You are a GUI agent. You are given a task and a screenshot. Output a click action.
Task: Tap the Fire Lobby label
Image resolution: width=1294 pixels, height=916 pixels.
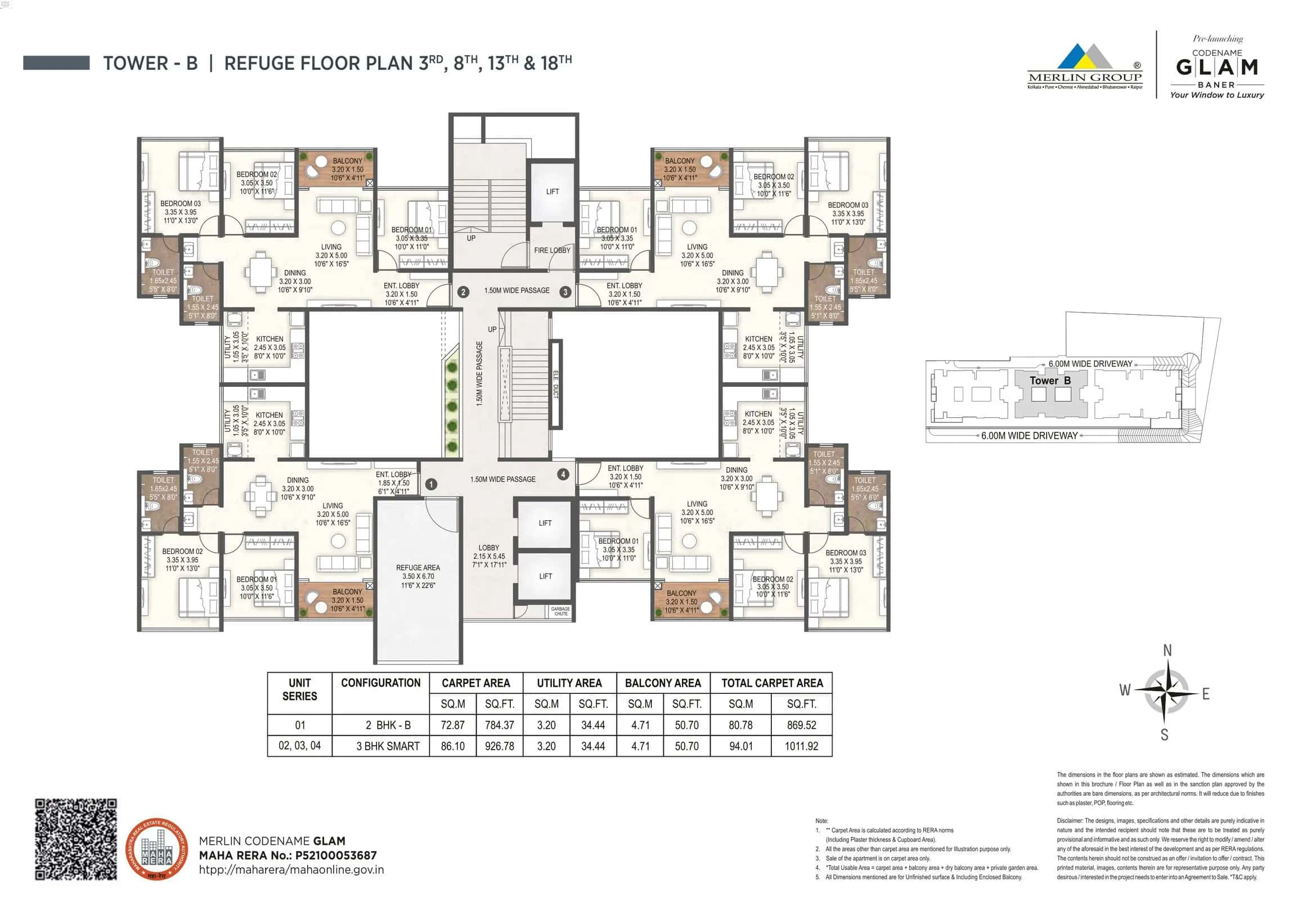coord(552,250)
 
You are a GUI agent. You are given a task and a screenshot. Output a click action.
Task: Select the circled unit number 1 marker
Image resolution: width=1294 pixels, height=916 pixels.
coord(430,484)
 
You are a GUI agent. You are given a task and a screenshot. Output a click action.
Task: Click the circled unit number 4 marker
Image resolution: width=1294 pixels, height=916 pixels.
coord(563,475)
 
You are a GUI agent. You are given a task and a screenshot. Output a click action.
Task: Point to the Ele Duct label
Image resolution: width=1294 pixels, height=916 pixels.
coord(555,384)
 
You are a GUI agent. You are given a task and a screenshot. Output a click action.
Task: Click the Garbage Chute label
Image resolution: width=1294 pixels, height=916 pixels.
coord(560,611)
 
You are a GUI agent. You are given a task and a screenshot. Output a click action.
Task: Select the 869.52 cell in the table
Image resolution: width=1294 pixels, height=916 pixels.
coord(801,725)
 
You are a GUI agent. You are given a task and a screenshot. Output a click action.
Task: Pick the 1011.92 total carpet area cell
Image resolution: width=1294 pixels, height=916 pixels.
coord(801,746)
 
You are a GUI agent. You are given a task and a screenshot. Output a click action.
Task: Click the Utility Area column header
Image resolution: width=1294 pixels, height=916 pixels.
coord(569,683)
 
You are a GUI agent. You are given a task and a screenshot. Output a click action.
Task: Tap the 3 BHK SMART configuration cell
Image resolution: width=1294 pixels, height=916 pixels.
coord(388,746)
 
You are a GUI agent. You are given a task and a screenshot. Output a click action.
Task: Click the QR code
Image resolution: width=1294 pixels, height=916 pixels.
coord(76,839)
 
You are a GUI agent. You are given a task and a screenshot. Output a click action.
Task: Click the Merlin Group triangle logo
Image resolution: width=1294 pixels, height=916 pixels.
coord(1084,56)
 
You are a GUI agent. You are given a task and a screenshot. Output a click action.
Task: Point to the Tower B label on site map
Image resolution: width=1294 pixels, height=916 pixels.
coord(1050,381)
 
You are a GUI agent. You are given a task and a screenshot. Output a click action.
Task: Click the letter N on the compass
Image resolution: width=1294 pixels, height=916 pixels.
coord(1167,651)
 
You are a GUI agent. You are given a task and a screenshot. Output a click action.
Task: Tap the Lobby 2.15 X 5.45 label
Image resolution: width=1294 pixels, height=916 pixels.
coord(489,556)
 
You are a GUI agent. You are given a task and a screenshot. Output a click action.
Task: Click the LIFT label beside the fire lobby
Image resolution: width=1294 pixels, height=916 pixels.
coord(552,192)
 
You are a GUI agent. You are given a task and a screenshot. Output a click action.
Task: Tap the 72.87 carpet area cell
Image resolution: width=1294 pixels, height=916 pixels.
coord(452,725)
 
